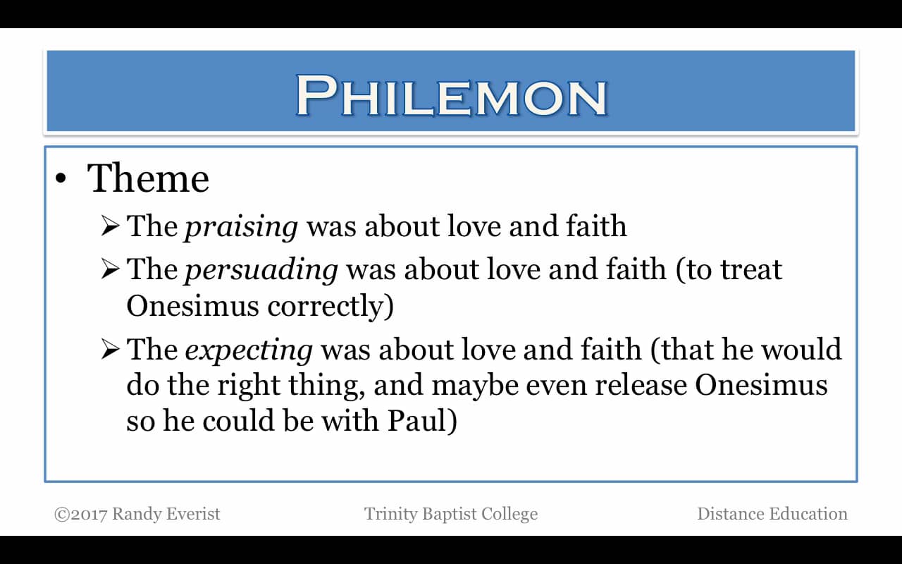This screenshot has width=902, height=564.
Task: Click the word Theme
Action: [148, 178]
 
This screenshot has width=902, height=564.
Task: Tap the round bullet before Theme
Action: [61, 179]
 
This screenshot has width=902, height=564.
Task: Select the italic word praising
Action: [242, 227]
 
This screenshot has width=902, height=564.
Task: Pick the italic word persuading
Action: [261, 270]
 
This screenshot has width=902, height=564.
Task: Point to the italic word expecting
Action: [249, 350]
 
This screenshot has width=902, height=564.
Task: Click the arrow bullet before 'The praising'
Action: [111, 227]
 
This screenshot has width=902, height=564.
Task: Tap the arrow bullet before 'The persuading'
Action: [111, 270]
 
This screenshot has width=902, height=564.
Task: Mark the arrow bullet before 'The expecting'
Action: [111, 350]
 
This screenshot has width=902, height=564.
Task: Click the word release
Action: [645, 385]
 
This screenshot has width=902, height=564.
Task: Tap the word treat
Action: [751, 270]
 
